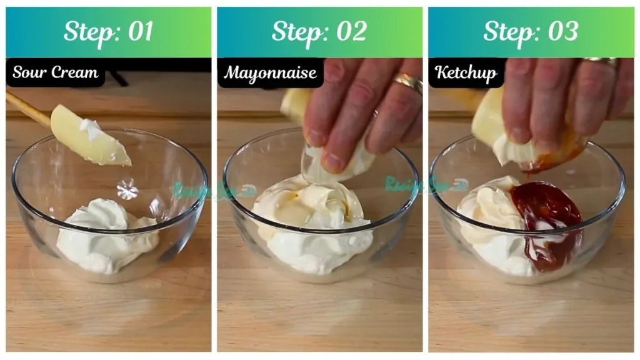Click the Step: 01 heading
pos(108,32)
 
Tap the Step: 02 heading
pos(319,32)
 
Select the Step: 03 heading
pos(531,32)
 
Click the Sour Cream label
pos(55,72)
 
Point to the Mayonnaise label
pos(270,73)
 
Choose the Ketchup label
pos(466,72)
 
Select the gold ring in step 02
pos(408,82)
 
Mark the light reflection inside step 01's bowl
pos(127,189)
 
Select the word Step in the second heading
pos(293,32)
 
